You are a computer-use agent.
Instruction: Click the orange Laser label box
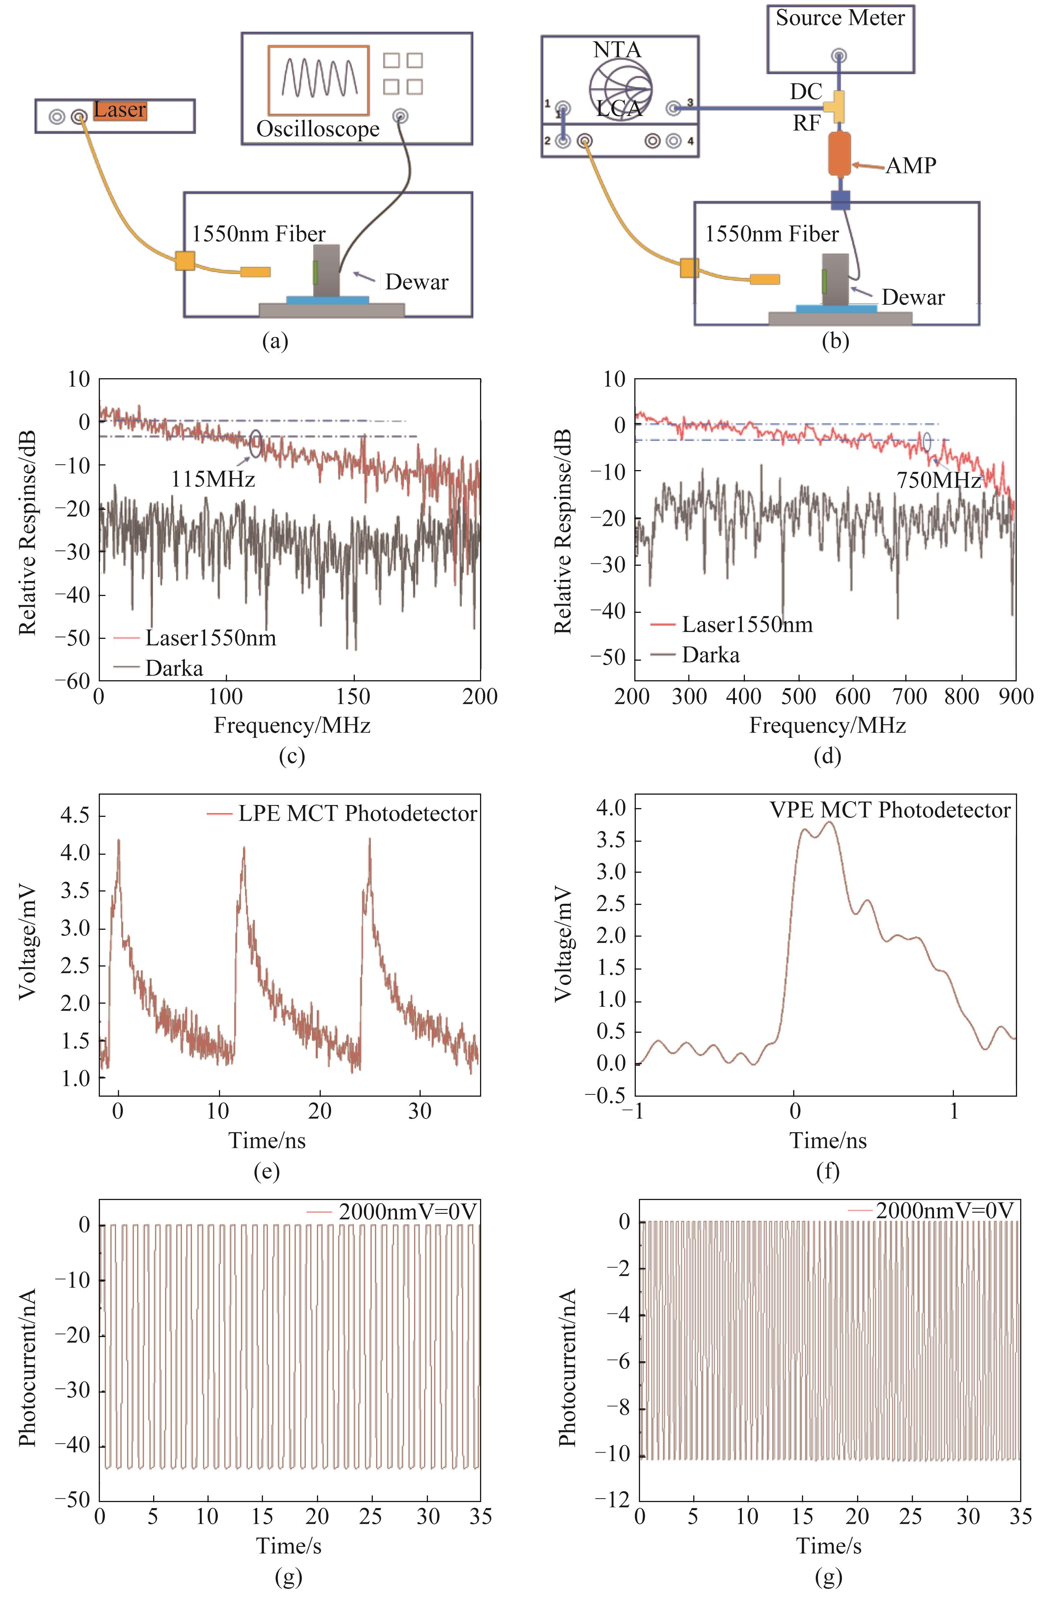[119, 110]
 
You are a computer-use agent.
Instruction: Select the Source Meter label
[840, 18]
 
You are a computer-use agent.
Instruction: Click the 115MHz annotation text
[213, 479]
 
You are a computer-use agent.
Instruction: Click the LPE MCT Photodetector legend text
[357, 813]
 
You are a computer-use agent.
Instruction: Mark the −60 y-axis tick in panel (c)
[74, 681]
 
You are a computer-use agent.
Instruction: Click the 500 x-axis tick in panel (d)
[799, 697]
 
